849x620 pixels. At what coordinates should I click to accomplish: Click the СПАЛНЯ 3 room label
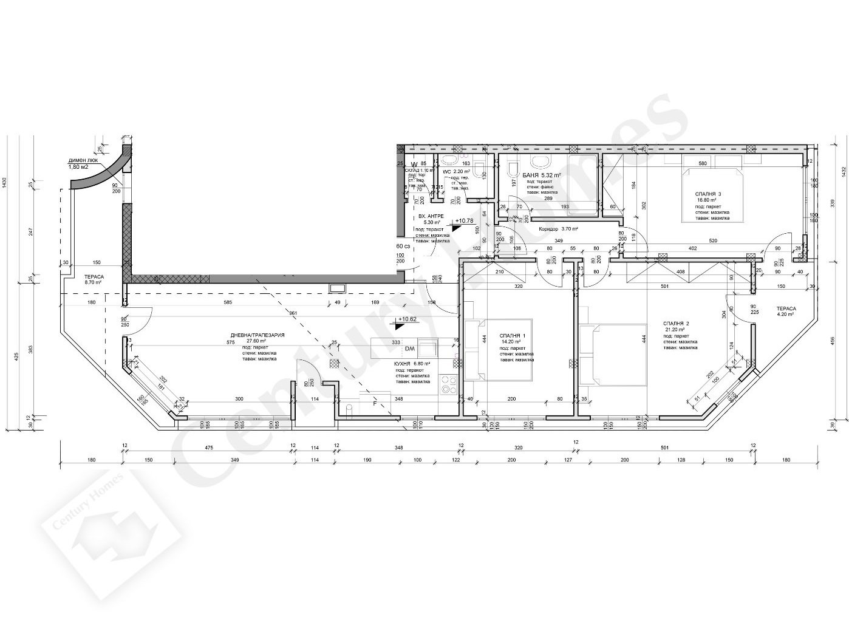click(x=708, y=194)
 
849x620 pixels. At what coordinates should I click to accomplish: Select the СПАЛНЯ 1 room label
click(x=513, y=335)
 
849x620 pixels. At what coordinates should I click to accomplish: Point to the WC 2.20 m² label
click(x=455, y=172)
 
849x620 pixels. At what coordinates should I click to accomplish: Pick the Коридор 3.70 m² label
click(x=558, y=229)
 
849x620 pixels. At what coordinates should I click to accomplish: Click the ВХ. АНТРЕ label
click(x=431, y=216)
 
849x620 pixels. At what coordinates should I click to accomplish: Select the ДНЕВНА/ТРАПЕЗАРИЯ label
click(x=257, y=335)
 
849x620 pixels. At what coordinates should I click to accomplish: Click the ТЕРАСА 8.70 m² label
click(x=93, y=279)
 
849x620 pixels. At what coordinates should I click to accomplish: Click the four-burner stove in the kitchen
click(x=448, y=385)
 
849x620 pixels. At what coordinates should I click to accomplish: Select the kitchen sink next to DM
click(x=428, y=349)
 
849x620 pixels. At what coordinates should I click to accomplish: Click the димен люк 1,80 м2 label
click(x=86, y=163)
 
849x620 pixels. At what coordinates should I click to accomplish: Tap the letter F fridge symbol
click(x=374, y=403)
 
